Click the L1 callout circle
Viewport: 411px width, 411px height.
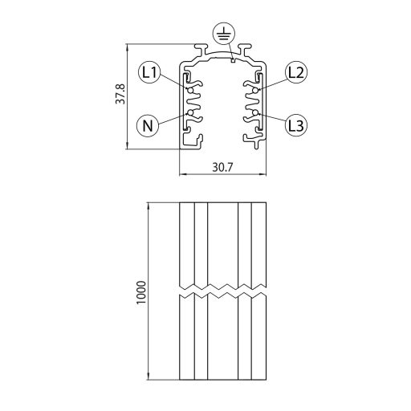point(149,73)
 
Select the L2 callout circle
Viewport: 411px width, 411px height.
point(295,72)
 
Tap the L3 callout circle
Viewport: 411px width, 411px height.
point(295,124)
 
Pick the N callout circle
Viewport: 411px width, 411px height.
point(148,124)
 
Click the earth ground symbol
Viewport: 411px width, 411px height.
point(222,35)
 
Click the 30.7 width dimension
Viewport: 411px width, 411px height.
point(222,168)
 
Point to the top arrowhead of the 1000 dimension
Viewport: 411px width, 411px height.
point(150,204)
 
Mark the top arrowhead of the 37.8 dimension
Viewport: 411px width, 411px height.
point(128,47)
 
